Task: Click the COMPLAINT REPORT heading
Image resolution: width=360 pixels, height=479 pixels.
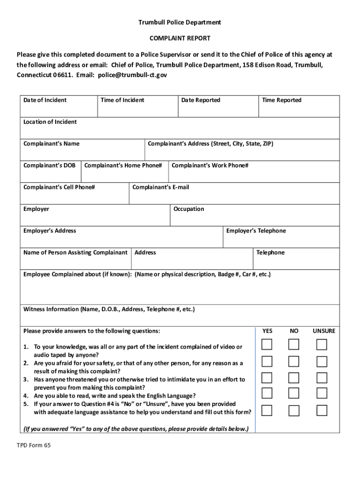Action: (x=180, y=38)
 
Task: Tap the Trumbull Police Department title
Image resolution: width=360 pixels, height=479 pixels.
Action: (x=180, y=22)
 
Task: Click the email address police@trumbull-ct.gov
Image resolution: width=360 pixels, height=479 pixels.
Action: (x=132, y=75)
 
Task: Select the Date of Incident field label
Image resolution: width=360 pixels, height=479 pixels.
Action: (x=45, y=100)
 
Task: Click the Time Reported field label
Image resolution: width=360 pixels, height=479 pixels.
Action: (x=281, y=100)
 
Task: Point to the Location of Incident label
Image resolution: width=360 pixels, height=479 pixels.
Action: (x=50, y=122)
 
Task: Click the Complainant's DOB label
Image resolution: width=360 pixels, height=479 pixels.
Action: (x=49, y=166)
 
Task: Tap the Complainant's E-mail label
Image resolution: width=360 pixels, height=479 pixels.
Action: (x=161, y=188)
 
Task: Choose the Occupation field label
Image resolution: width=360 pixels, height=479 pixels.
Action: (x=188, y=209)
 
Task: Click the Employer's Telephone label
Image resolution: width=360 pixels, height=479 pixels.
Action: (x=256, y=231)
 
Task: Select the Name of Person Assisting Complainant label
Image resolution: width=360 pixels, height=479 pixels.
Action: (x=75, y=253)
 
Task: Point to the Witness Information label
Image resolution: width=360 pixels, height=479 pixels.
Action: (x=109, y=309)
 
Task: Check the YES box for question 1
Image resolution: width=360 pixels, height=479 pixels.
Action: (x=267, y=345)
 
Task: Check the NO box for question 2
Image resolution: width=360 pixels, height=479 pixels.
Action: (x=294, y=362)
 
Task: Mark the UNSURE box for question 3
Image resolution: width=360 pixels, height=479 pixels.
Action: (x=322, y=378)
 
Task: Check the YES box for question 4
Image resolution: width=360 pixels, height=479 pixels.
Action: (x=267, y=394)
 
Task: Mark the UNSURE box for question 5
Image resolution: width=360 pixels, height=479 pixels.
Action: (x=322, y=411)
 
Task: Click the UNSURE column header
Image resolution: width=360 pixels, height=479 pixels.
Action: (x=324, y=331)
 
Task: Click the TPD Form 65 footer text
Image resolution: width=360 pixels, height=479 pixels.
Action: (x=34, y=445)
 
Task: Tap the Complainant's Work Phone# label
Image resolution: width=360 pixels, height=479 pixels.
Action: (x=210, y=166)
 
